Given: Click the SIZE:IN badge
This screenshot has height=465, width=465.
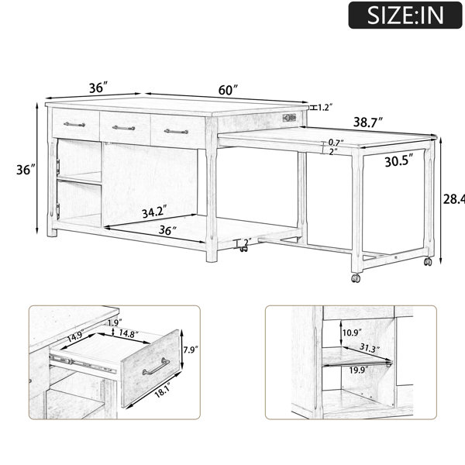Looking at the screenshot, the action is click(405, 15).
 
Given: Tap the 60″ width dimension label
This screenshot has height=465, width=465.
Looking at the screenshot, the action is click(228, 90).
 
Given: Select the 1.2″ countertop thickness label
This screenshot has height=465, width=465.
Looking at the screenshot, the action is click(325, 107).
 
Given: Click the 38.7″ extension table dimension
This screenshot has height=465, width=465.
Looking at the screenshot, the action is click(367, 122).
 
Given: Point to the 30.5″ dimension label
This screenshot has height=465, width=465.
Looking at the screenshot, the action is click(399, 161).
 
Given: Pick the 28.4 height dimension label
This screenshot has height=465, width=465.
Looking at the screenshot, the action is click(453, 199).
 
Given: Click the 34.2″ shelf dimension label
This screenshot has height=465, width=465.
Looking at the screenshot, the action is click(153, 212).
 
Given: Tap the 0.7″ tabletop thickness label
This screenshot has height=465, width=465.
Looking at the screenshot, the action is click(336, 143).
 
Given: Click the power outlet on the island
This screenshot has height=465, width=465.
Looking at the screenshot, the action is click(289, 118).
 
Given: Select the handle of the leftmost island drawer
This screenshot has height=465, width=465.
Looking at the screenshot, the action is click(74, 124).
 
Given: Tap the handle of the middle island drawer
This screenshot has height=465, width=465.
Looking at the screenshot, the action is click(124, 128).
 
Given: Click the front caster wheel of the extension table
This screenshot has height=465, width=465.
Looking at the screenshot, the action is click(356, 278).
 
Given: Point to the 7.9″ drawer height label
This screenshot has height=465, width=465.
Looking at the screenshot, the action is click(191, 350).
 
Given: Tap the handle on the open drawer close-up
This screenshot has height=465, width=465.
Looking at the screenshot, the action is click(156, 367).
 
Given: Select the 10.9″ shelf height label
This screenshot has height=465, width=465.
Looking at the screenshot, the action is click(352, 332).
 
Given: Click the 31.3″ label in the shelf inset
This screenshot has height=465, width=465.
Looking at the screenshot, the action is click(370, 348).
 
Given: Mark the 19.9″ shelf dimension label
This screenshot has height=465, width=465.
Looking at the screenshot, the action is click(359, 370).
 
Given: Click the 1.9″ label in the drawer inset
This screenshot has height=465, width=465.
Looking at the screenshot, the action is click(115, 323).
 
